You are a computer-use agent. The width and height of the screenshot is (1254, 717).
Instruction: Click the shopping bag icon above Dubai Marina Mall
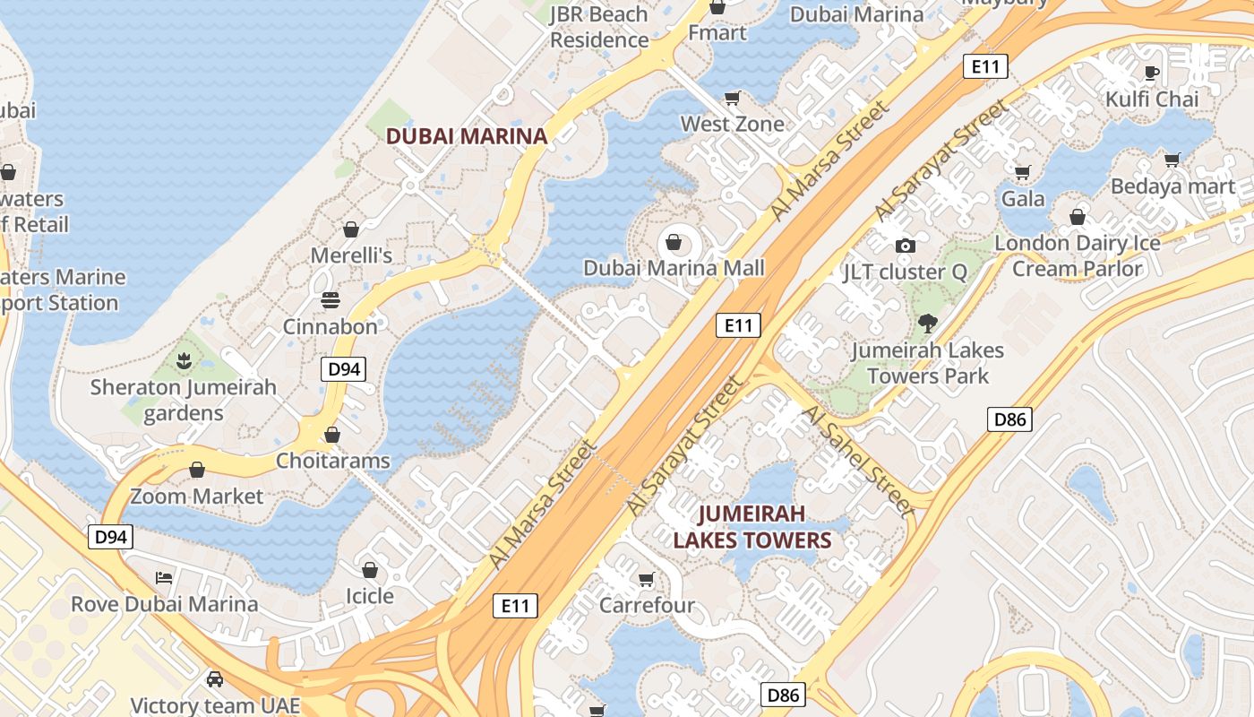pos(674,242)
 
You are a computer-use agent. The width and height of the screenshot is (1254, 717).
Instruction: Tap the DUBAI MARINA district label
pos(466,136)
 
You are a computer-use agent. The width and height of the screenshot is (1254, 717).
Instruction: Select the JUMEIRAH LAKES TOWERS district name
pos(752,527)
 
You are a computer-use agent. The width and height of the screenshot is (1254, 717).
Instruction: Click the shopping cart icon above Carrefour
pos(647,579)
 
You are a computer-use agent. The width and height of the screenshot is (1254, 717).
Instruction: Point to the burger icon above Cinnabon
pos(331,300)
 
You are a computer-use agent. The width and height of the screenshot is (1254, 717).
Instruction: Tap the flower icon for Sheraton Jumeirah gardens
pos(184,361)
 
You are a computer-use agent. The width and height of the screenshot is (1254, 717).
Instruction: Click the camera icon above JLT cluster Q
pos(905,246)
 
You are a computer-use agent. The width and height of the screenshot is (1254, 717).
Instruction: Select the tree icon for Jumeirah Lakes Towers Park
pos(927,324)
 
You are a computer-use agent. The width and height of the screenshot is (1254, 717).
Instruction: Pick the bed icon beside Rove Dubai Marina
pos(164,577)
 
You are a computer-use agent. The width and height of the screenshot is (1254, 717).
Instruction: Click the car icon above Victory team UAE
pos(215,678)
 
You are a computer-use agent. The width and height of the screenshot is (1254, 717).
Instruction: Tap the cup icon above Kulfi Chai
pos(1152,73)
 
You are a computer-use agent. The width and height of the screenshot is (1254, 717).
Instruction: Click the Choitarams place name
pos(333,461)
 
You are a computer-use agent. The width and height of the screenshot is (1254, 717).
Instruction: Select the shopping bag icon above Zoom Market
pos(197,470)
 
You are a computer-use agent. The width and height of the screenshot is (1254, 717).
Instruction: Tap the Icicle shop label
pos(370,596)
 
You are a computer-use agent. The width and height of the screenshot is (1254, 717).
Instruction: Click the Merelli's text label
pos(351,255)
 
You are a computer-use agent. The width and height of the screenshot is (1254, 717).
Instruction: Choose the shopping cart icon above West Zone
pos(733,98)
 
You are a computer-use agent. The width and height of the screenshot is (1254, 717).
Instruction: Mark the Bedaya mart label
pos(1172,186)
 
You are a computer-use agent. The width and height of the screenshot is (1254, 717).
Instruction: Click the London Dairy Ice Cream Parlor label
pos(1078,255)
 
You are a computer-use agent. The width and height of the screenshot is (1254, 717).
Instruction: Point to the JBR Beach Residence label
pos(598,27)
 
